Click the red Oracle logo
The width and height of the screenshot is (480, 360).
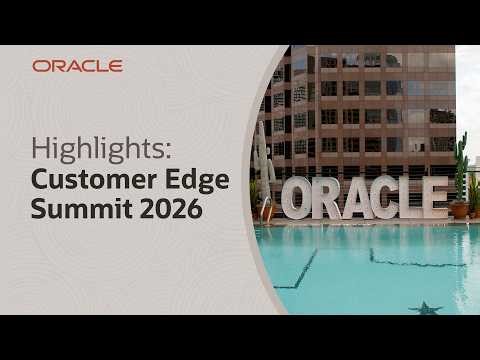[x=77, y=66]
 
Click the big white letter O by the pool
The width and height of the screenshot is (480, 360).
[x=296, y=199]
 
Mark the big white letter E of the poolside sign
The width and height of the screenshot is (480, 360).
[x=436, y=197]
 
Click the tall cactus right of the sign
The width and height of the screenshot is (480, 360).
[x=461, y=170]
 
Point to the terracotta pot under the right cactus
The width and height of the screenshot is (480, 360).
[x=459, y=210]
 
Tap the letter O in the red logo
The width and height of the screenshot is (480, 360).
[x=39, y=66]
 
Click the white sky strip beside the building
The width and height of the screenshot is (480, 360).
[x=467, y=100]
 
